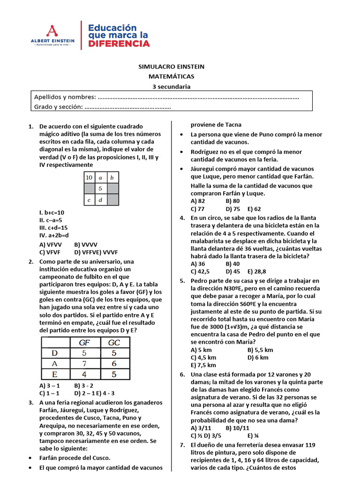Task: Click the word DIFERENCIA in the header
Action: (119, 44)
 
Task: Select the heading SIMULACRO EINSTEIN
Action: (171, 67)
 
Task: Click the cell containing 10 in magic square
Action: (89, 178)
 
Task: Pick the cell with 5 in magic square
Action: (100, 189)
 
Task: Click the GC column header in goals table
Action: (114, 342)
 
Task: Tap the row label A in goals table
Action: (54, 364)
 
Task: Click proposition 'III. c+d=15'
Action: (54, 227)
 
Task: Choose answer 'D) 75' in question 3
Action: (232, 209)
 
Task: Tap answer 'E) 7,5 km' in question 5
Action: (203, 365)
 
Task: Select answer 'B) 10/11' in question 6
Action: (237, 428)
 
